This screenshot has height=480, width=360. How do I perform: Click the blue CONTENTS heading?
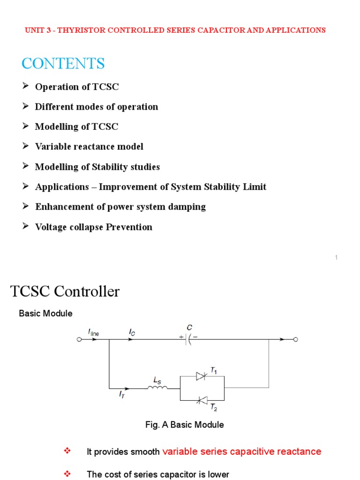(x=63, y=63)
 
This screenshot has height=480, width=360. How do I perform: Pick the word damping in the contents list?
(x=187, y=207)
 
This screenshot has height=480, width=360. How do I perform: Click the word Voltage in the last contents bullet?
(x=50, y=227)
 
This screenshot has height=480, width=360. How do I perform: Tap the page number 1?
(x=337, y=257)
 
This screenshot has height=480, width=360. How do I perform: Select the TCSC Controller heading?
(x=65, y=292)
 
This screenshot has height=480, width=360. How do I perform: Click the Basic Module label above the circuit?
(x=45, y=314)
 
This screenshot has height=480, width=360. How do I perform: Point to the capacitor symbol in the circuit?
(x=188, y=340)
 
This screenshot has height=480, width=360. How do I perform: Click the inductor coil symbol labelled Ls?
(x=157, y=388)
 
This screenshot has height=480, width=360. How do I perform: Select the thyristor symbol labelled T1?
(x=202, y=376)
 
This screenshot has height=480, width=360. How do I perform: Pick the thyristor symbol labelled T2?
(x=202, y=400)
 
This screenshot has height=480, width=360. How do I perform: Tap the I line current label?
(x=93, y=332)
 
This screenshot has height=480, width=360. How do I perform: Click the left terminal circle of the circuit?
(x=79, y=340)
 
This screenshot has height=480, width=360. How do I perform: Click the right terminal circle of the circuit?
(x=295, y=340)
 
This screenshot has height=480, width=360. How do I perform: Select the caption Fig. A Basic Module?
(x=184, y=425)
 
